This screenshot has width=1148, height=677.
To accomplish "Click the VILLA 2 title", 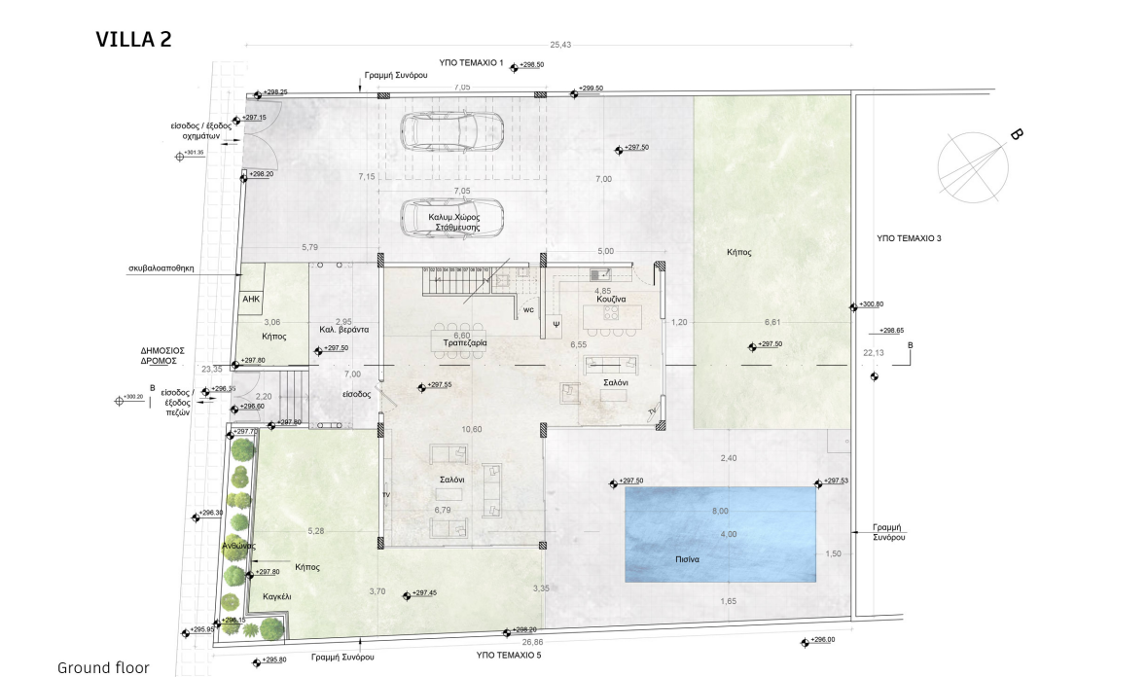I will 133,39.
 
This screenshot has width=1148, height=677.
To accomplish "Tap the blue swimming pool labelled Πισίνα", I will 720,533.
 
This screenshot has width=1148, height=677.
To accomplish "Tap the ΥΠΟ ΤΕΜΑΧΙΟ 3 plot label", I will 909,237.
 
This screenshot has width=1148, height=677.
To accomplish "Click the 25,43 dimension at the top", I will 560,45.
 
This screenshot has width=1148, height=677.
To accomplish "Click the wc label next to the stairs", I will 528,310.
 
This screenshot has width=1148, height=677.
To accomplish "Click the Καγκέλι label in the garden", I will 276,595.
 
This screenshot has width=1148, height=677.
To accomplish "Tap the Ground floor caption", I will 103,667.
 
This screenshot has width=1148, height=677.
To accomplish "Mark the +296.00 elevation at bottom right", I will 823,640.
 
